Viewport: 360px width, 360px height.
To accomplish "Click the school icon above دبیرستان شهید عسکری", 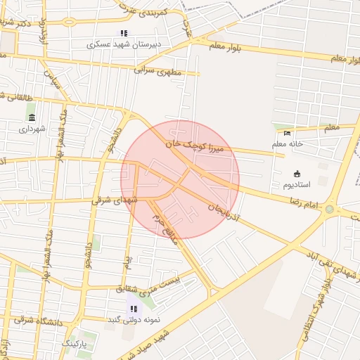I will click(x=124, y=33).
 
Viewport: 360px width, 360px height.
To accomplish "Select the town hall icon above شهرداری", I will click(x=32, y=117).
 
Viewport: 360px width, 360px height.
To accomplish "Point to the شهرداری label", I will click(x=32, y=128).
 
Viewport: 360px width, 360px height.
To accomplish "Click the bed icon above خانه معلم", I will click(x=286, y=134).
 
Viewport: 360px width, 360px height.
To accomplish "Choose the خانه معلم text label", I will click(x=287, y=144).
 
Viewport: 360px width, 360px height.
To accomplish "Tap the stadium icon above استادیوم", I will click(x=296, y=174).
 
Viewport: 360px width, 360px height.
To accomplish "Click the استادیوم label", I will click(x=297, y=185).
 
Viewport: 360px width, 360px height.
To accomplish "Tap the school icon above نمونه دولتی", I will click(x=134, y=309).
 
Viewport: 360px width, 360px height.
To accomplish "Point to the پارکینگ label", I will click(x=77, y=343).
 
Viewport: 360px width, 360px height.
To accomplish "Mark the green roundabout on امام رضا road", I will click(x=329, y=208).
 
